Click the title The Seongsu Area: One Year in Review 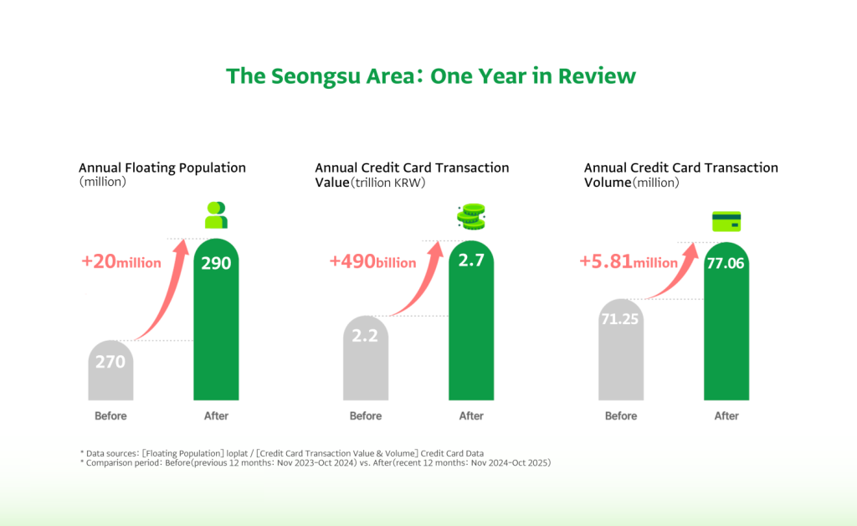point(431,76)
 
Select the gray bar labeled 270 point(110,373)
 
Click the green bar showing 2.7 point(471,327)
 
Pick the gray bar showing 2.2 point(365,360)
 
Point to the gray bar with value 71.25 point(620,352)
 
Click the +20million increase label point(121,262)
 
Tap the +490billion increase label point(373,262)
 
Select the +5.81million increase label point(629,262)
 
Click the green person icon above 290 point(216,215)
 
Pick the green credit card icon point(726,222)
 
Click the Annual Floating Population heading point(162,168)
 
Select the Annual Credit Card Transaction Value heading point(412,174)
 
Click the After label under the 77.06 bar point(726,416)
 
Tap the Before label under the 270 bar point(110,416)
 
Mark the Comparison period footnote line point(316,463)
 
